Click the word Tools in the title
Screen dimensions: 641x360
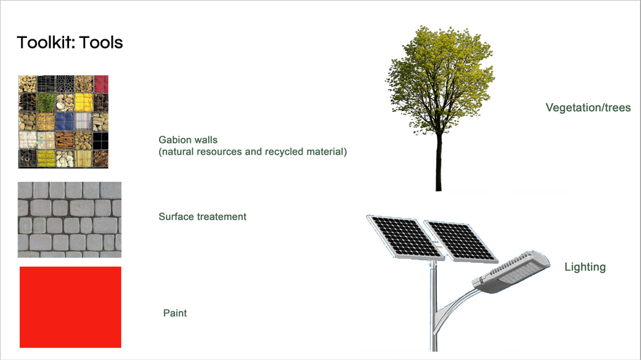(101, 43)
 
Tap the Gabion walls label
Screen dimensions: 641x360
(188, 140)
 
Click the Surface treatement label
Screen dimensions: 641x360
(203, 217)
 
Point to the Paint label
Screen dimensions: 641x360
(174, 313)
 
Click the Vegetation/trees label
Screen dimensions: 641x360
(588, 108)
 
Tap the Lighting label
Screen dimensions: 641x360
(585, 267)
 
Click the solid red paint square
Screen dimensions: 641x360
(70, 307)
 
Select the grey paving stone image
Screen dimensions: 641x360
(69, 219)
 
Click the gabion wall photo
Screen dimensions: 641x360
(63, 121)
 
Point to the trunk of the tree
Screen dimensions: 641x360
(438, 162)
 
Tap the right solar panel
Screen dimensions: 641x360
(461, 240)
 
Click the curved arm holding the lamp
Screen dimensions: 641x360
(454, 302)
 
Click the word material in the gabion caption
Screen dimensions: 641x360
(327, 151)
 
